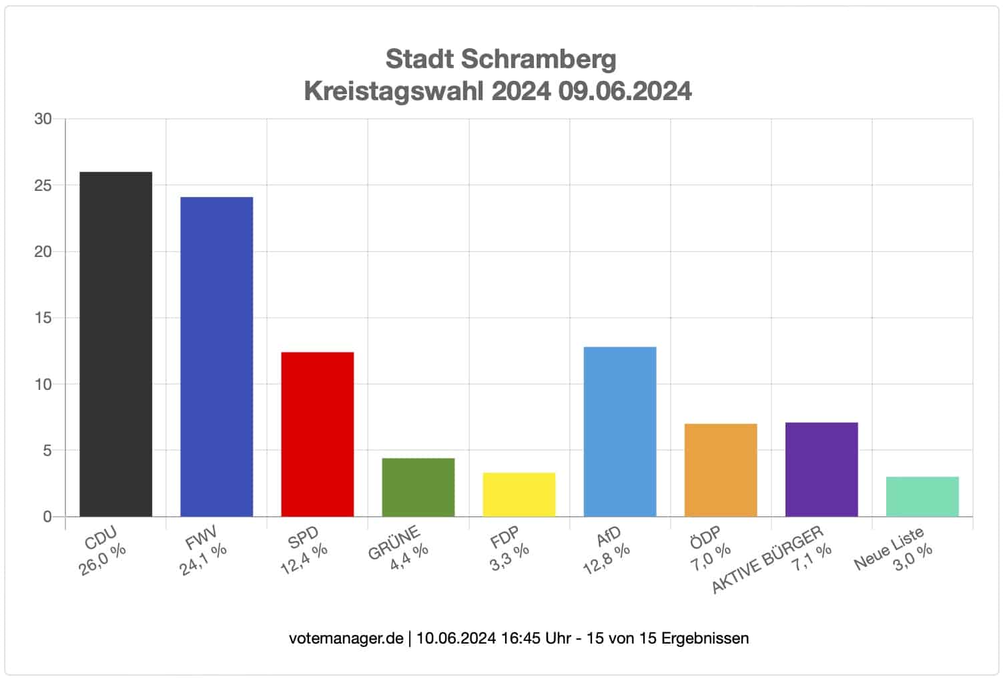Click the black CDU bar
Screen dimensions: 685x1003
(x=116, y=344)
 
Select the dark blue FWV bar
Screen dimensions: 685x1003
(x=217, y=357)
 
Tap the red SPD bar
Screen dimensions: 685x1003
(x=318, y=434)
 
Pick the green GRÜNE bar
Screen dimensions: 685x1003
(x=418, y=487)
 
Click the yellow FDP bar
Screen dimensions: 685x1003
(x=519, y=495)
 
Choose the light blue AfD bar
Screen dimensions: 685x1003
(x=620, y=431)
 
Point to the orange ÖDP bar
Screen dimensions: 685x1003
(x=721, y=470)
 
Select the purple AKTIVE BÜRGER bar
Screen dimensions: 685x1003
(x=821, y=469)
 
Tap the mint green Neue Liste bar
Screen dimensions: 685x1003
(x=922, y=497)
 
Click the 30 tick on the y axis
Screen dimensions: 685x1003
(x=43, y=119)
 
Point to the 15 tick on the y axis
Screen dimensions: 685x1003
(x=43, y=318)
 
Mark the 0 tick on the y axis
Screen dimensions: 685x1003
(x=47, y=517)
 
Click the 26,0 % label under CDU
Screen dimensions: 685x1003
(x=102, y=559)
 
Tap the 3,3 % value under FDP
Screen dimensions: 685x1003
(x=509, y=557)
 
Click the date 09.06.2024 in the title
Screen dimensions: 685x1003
(x=625, y=91)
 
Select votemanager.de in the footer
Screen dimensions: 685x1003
(x=346, y=638)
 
